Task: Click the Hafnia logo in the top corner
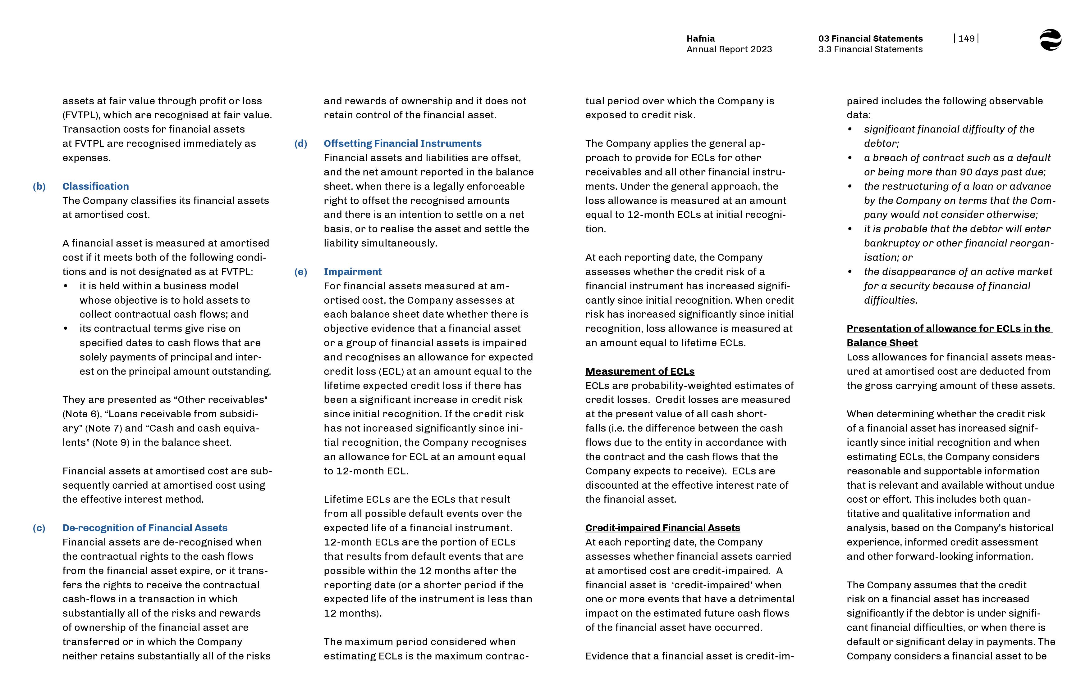[x=1050, y=40]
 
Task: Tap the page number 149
[x=966, y=38]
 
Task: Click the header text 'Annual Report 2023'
[x=729, y=49]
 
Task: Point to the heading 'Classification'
[x=96, y=187]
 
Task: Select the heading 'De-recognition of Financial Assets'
[x=144, y=528]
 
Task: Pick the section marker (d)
[x=301, y=143]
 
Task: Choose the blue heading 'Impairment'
[x=352, y=272]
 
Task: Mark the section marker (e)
[x=301, y=272]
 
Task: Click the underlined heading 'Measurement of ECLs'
[x=639, y=372]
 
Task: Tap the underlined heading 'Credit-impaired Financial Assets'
[x=662, y=528]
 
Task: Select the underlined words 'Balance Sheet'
[x=882, y=343]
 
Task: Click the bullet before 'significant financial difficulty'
[x=850, y=129]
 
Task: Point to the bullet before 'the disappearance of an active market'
[x=850, y=272]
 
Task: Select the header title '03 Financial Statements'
[x=870, y=38]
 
